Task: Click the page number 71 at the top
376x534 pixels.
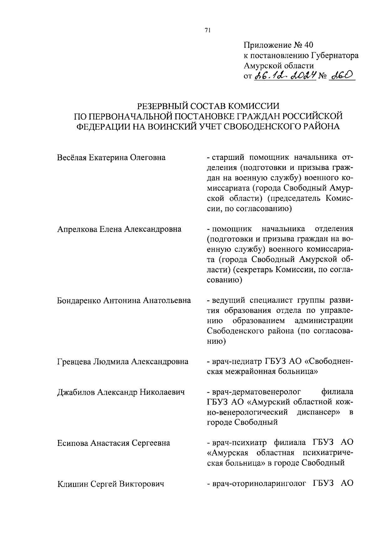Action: (207, 30)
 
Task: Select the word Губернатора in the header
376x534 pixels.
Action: (335, 56)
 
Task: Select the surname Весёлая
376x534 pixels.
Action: (71, 157)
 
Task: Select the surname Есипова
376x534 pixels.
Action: (73, 443)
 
